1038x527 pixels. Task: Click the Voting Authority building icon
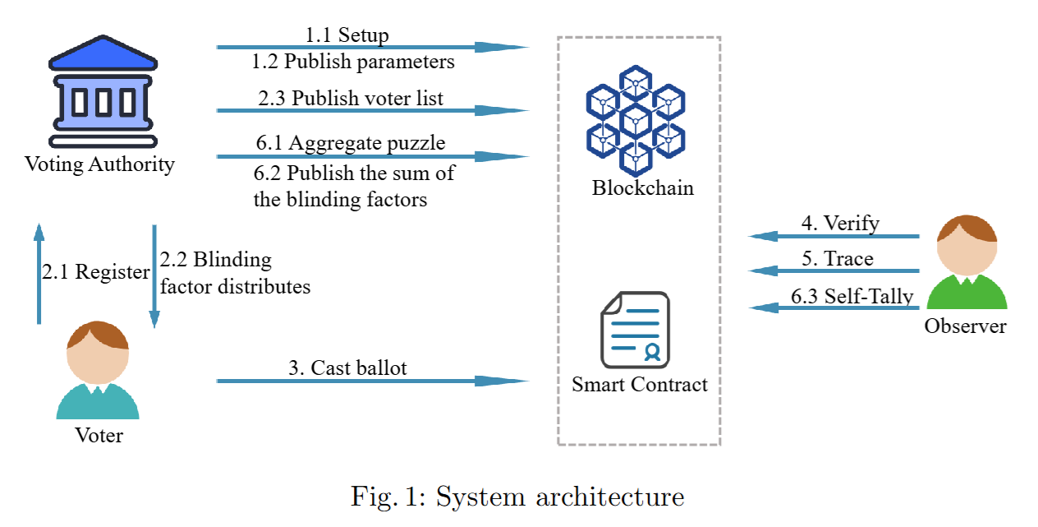click(102, 91)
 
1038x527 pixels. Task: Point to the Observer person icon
click(966, 264)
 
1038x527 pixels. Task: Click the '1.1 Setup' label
click(347, 35)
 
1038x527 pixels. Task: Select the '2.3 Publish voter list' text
click(351, 99)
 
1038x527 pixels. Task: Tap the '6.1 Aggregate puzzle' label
click(351, 143)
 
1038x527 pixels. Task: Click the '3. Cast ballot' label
click(347, 368)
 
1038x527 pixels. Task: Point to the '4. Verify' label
click(840, 223)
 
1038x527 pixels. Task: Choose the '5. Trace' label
click(838, 259)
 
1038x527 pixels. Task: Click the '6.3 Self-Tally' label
click(852, 296)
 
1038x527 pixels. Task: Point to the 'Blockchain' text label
click(643, 187)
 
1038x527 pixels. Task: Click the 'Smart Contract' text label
click(640, 384)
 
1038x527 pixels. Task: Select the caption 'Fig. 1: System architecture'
click(517, 497)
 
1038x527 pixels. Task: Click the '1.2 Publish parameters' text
click(353, 62)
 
